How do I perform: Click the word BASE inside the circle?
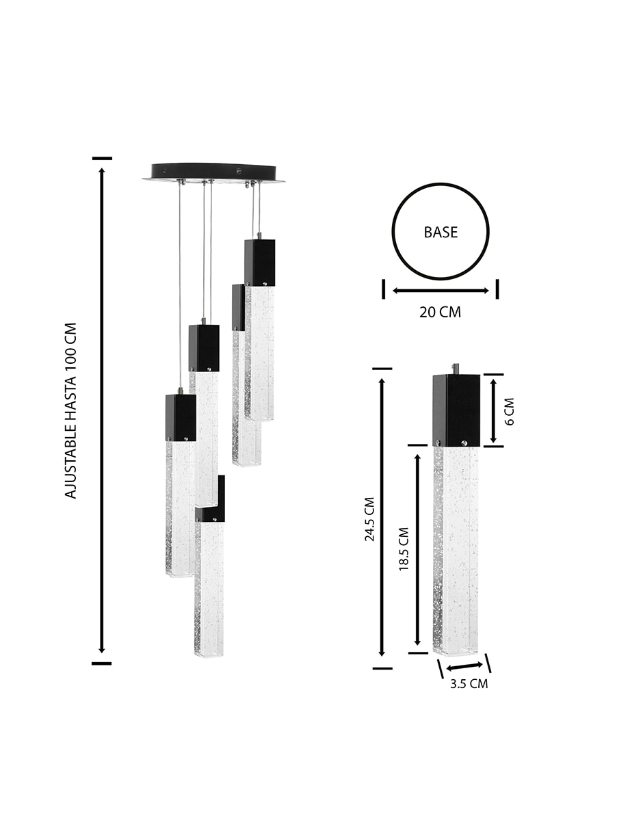pyautogui.click(x=441, y=232)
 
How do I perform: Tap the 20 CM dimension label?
pyautogui.click(x=440, y=312)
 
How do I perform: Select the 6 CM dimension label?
pyautogui.click(x=510, y=411)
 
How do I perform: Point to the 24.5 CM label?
pyautogui.click(x=369, y=519)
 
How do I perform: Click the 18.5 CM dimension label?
pyautogui.click(x=404, y=549)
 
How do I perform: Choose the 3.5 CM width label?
pyautogui.click(x=469, y=683)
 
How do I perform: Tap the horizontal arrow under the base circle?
pyautogui.click(x=441, y=291)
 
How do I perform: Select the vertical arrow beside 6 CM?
pyautogui.click(x=493, y=411)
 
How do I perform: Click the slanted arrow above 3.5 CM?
pyautogui.click(x=464, y=667)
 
